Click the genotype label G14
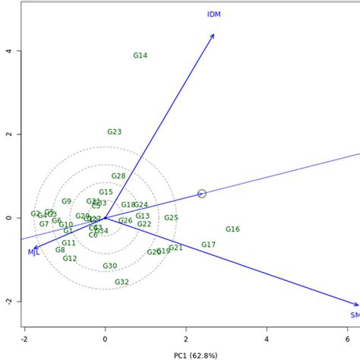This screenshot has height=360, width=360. pos(141,55)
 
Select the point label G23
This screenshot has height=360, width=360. pos(114,131)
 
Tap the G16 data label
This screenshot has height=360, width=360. pos(232,229)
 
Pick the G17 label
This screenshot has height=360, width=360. pos(209,245)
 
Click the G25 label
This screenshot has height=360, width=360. pos(171,218)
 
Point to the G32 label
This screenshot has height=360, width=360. pos(122,282)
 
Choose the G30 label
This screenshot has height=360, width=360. pos(110,266)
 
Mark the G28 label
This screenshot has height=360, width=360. pos(118,176)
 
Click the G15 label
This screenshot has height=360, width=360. pos(106,192)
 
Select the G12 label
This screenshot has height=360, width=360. pos(70,258)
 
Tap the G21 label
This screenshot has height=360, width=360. pos(175,248)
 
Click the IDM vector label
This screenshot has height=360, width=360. pos(214,14)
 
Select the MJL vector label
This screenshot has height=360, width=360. pos(34,251)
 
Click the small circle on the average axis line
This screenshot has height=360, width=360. pos(202,194)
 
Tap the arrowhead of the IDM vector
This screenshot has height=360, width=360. pos(213,35)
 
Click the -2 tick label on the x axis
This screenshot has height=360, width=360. pos(24,339)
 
